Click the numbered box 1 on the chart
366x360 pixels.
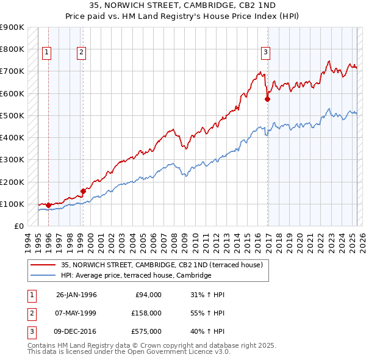(x=47, y=53)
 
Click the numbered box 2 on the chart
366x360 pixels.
(x=81, y=53)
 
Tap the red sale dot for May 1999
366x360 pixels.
(x=83, y=191)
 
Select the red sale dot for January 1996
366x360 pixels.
(x=48, y=206)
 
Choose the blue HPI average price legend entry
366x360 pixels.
(x=136, y=276)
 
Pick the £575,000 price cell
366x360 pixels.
(x=147, y=332)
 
